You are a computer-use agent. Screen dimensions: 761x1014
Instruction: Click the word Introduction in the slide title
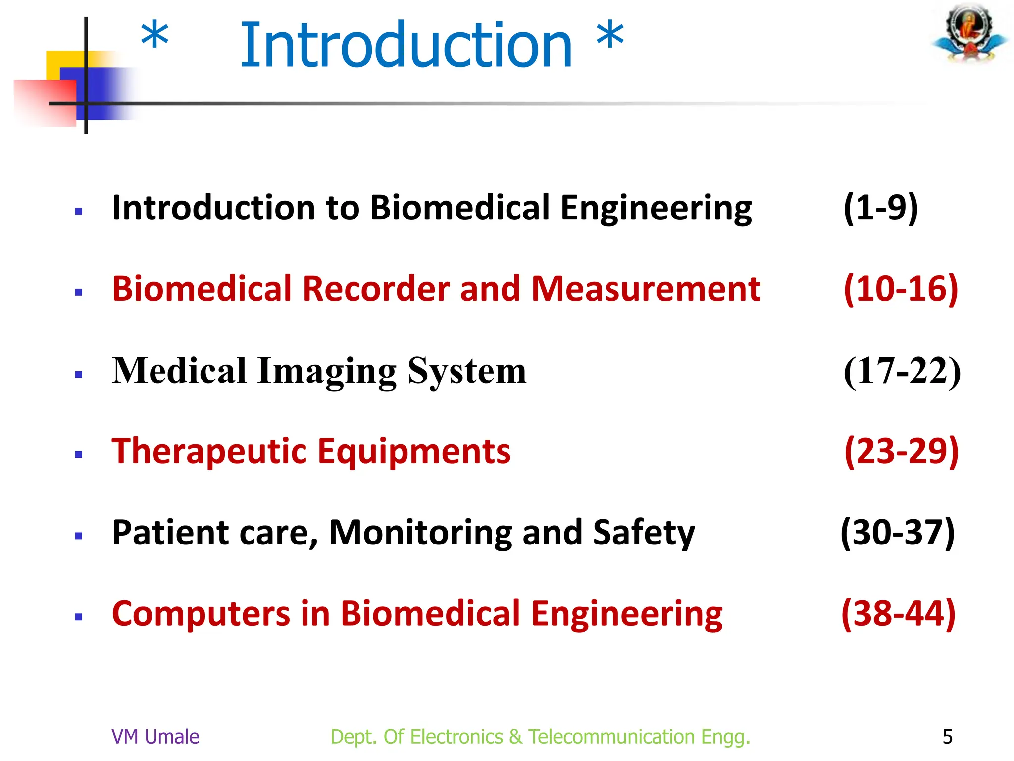coord(406,46)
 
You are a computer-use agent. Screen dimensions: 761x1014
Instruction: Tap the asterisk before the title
coord(154,36)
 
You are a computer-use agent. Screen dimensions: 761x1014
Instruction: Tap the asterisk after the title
coord(610,36)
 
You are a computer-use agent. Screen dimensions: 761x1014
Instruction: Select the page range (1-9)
coord(881,208)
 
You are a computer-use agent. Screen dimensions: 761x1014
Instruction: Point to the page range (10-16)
coord(901,289)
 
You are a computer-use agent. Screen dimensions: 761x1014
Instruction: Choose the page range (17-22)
coord(902,371)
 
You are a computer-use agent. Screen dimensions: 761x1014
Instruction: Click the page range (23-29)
coord(901,451)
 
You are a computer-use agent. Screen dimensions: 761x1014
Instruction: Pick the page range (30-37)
coord(898,533)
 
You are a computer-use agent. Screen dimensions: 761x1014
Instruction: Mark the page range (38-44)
coord(898,614)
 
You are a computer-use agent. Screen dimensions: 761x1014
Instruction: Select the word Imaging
coord(327,371)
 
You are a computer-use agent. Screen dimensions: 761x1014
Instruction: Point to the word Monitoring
coord(421,533)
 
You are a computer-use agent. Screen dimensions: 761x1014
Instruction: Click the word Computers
coord(201,614)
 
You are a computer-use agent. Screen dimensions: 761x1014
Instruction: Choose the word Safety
coord(644,533)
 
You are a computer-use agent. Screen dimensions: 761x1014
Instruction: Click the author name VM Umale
coord(155,737)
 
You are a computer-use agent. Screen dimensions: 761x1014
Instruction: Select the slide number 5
coord(947,737)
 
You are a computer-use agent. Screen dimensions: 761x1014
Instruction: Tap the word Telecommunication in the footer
coord(611,737)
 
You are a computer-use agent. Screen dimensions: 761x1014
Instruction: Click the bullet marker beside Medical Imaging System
coord(78,375)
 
